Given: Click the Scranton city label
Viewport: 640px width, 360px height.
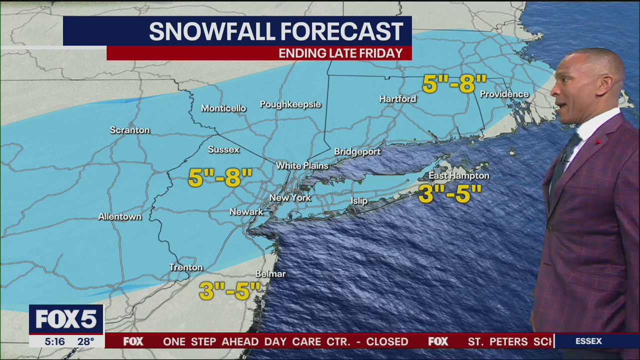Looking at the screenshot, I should click(x=129, y=130).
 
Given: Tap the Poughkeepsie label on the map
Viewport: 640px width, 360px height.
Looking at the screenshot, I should click(x=290, y=104).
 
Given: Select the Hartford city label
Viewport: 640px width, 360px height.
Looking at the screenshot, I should click(x=397, y=99).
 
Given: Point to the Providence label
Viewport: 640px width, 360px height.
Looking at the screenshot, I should click(x=504, y=94).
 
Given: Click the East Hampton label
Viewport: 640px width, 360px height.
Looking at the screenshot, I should click(x=458, y=175).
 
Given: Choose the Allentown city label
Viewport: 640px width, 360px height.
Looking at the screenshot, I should click(x=119, y=216).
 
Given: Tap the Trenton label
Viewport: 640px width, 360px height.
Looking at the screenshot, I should click(x=186, y=267).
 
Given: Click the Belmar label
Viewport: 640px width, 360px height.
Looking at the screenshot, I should click(x=270, y=274).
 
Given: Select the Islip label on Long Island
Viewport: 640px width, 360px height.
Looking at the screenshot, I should click(x=359, y=201).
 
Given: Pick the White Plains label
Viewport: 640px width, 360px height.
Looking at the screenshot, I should click(x=302, y=165).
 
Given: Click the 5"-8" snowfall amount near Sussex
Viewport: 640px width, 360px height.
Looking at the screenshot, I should click(x=220, y=178).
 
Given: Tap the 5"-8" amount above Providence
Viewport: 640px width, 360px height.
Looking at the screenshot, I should click(x=454, y=84).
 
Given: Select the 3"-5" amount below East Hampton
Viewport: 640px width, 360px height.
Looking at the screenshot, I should click(x=449, y=194).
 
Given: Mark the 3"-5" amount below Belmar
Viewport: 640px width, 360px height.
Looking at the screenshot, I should click(x=230, y=290).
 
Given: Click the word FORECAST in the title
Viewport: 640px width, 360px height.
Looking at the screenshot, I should click(x=341, y=31).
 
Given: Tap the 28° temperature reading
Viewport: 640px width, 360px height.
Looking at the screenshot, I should click(x=85, y=341).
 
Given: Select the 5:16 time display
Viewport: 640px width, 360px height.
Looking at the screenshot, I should click(x=54, y=341).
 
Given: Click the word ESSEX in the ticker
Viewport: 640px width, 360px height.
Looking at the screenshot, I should click(x=588, y=341).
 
